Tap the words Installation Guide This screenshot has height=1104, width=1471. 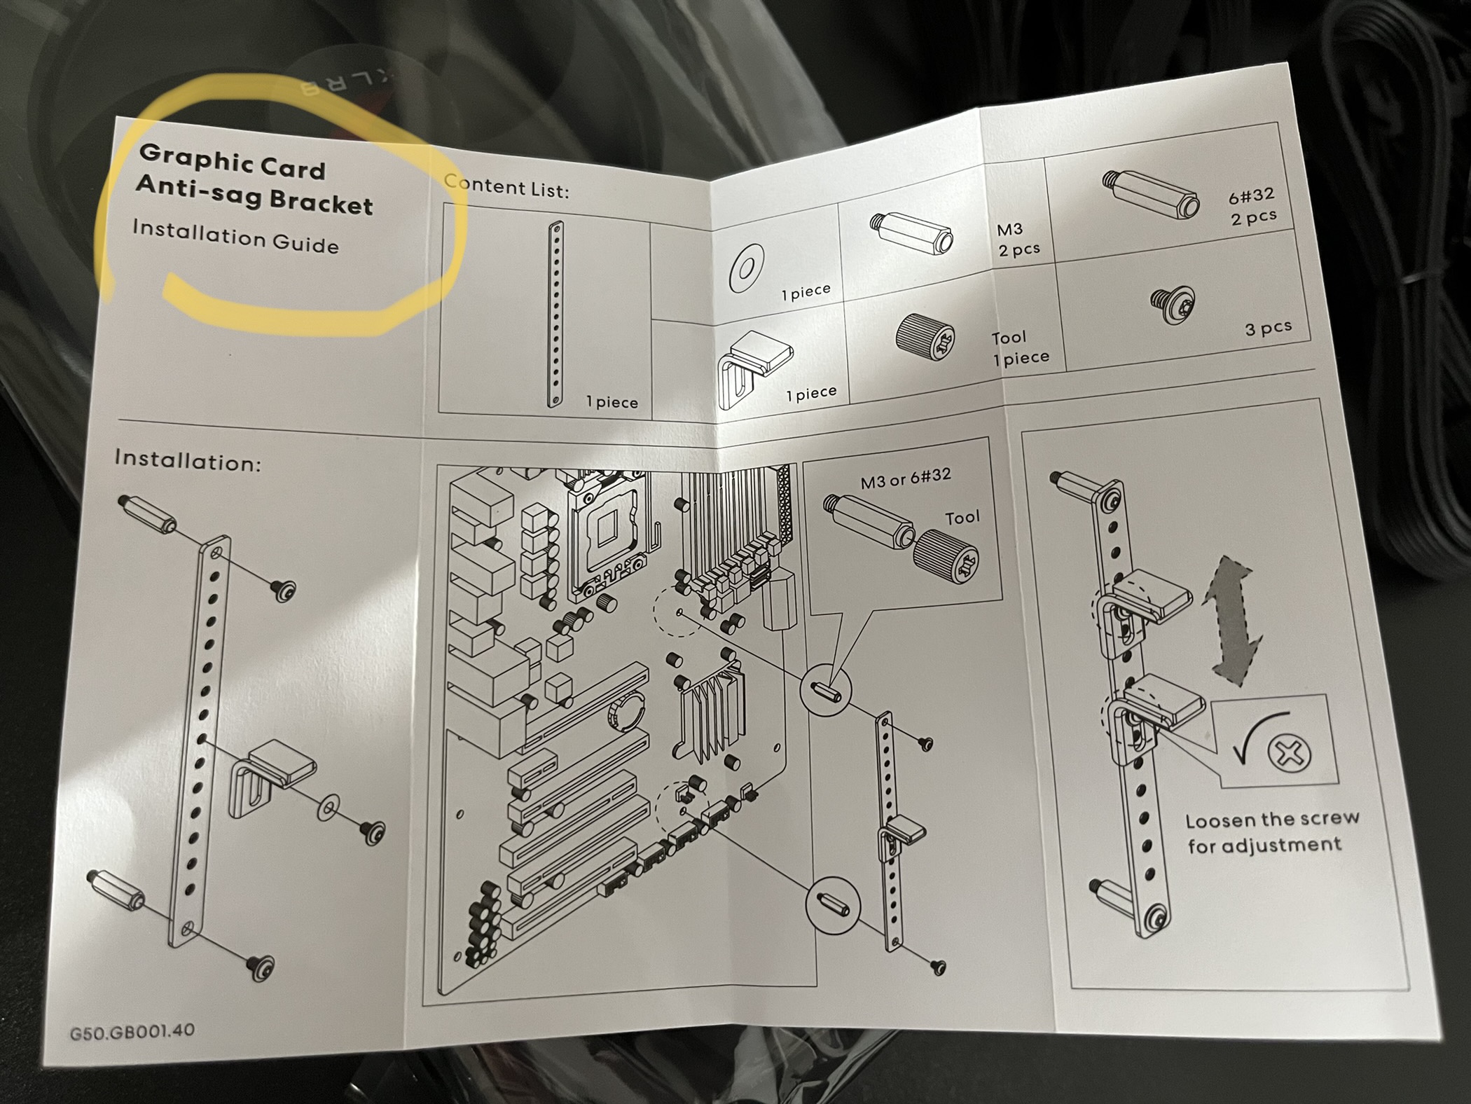[x=235, y=236]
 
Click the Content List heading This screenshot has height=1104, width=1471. [x=506, y=186]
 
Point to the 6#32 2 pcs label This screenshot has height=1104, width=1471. [x=1252, y=207]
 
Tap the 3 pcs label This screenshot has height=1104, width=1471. [x=1268, y=328]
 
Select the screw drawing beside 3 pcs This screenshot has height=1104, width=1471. [x=1173, y=303]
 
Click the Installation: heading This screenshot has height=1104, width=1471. [x=188, y=460]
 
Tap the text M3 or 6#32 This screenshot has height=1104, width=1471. [x=906, y=478]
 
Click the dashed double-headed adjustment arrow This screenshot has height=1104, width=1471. [x=1233, y=620]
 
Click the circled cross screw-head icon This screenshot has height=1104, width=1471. [x=1290, y=754]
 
